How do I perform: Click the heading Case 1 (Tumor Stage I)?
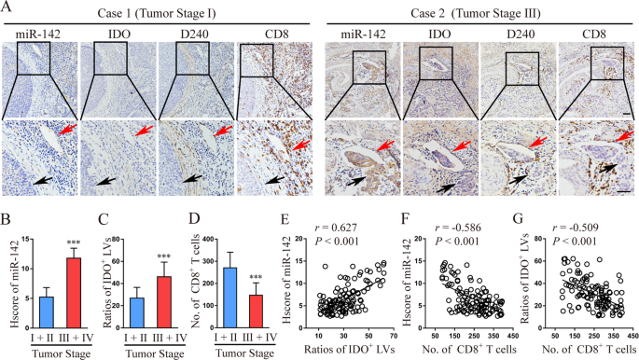tap(157, 8)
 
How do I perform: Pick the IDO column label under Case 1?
tap(116, 34)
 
